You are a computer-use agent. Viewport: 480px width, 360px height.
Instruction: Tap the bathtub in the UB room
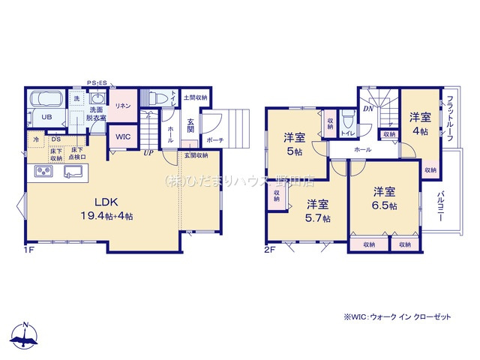(47, 102)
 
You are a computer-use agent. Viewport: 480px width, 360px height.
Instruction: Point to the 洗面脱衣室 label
(95, 115)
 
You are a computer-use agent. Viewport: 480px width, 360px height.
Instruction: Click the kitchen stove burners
(42, 172)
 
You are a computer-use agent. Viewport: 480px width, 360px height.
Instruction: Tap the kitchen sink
(73, 173)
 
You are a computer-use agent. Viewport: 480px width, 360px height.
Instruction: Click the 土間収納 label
(195, 98)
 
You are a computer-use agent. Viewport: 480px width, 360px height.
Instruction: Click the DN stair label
(368, 109)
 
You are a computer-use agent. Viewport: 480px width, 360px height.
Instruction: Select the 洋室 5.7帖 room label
(316, 210)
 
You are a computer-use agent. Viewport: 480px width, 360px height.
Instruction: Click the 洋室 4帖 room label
(420, 124)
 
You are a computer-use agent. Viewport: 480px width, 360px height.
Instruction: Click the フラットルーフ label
(448, 119)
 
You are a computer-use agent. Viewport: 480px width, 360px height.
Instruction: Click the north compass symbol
(26, 335)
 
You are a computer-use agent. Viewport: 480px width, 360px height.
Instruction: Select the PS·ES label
(98, 82)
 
